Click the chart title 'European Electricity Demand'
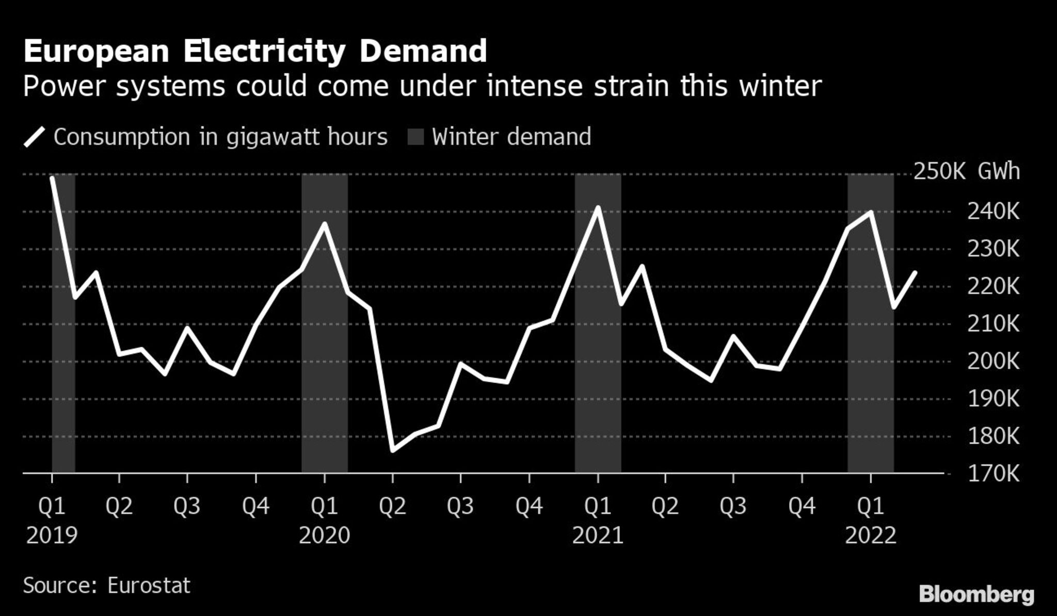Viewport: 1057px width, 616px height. point(255,52)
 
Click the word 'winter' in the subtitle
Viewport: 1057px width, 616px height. point(780,86)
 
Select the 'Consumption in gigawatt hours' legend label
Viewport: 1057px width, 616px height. point(220,137)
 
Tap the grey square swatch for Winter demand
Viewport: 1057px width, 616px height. point(415,137)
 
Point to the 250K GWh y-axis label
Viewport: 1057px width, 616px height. point(967,172)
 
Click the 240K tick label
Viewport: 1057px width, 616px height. point(994,212)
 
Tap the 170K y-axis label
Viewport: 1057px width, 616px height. point(994,474)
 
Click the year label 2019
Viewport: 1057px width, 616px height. point(52,536)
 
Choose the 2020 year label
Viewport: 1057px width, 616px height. point(325,536)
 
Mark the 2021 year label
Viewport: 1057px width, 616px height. point(598,536)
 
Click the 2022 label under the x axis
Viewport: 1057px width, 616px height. point(871,536)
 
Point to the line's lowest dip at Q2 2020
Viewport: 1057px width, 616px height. point(393,450)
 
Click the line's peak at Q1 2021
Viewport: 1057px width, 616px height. point(598,207)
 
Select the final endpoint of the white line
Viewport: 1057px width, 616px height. point(916,272)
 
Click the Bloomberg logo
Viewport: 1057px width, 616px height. point(976,595)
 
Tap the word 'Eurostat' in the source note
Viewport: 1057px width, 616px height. point(149,586)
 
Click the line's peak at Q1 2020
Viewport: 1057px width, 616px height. point(325,224)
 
